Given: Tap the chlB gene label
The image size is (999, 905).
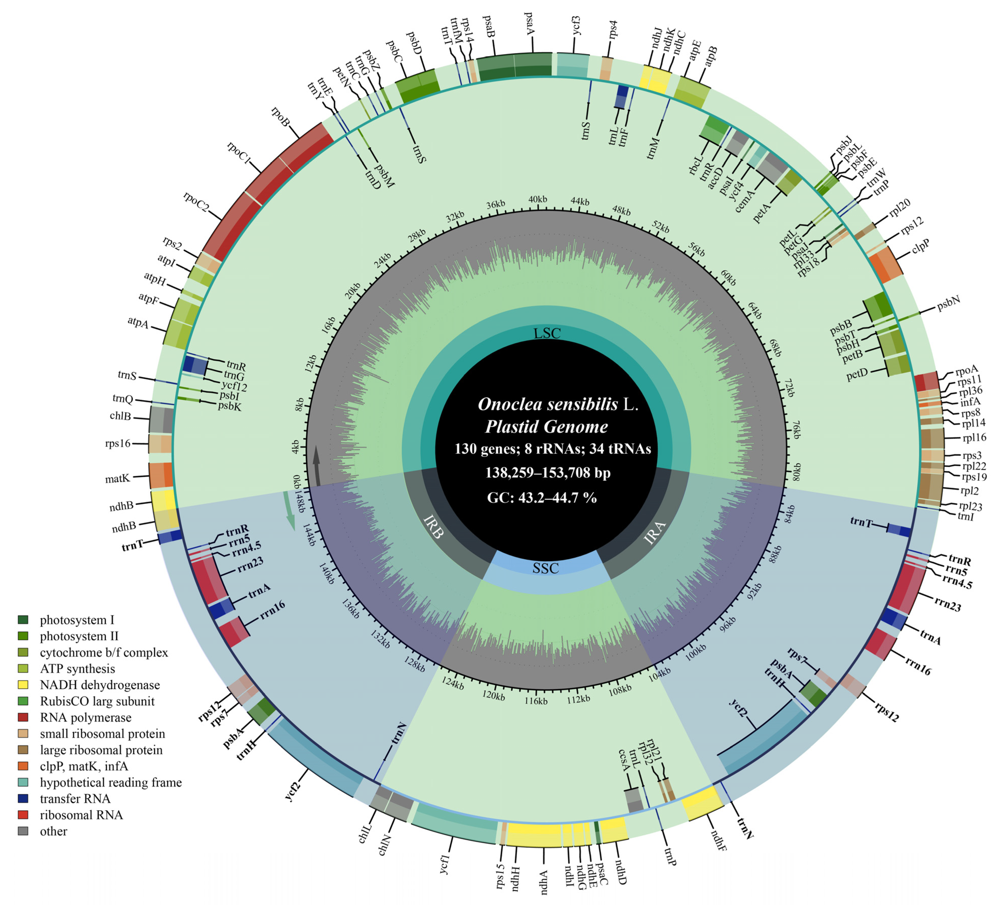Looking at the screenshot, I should (x=121, y=416).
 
